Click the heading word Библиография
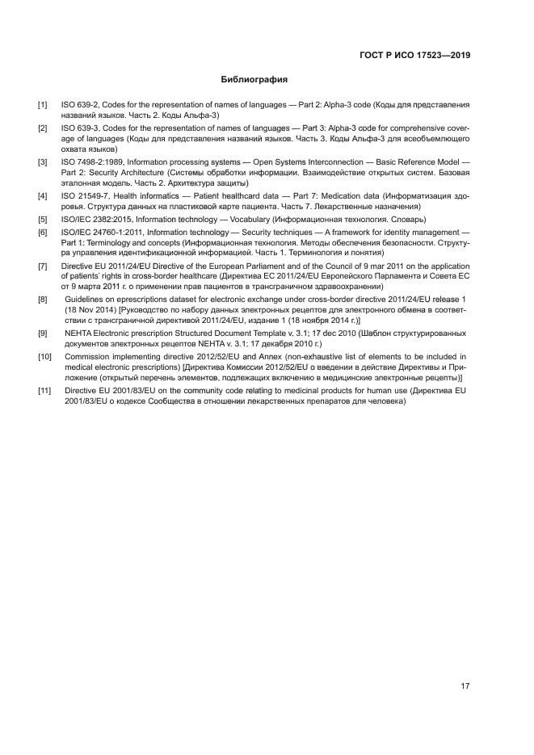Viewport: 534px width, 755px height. tap(254, 80)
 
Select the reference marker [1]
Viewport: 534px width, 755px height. tap(43, 106)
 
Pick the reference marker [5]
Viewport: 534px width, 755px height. tap(43, 219)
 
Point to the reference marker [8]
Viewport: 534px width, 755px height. tap(43, 299)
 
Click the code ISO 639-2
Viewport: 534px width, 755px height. tap(79, 106)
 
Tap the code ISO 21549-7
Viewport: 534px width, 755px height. tap(84, 196)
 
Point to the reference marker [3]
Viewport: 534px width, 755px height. tap(43, 162)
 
